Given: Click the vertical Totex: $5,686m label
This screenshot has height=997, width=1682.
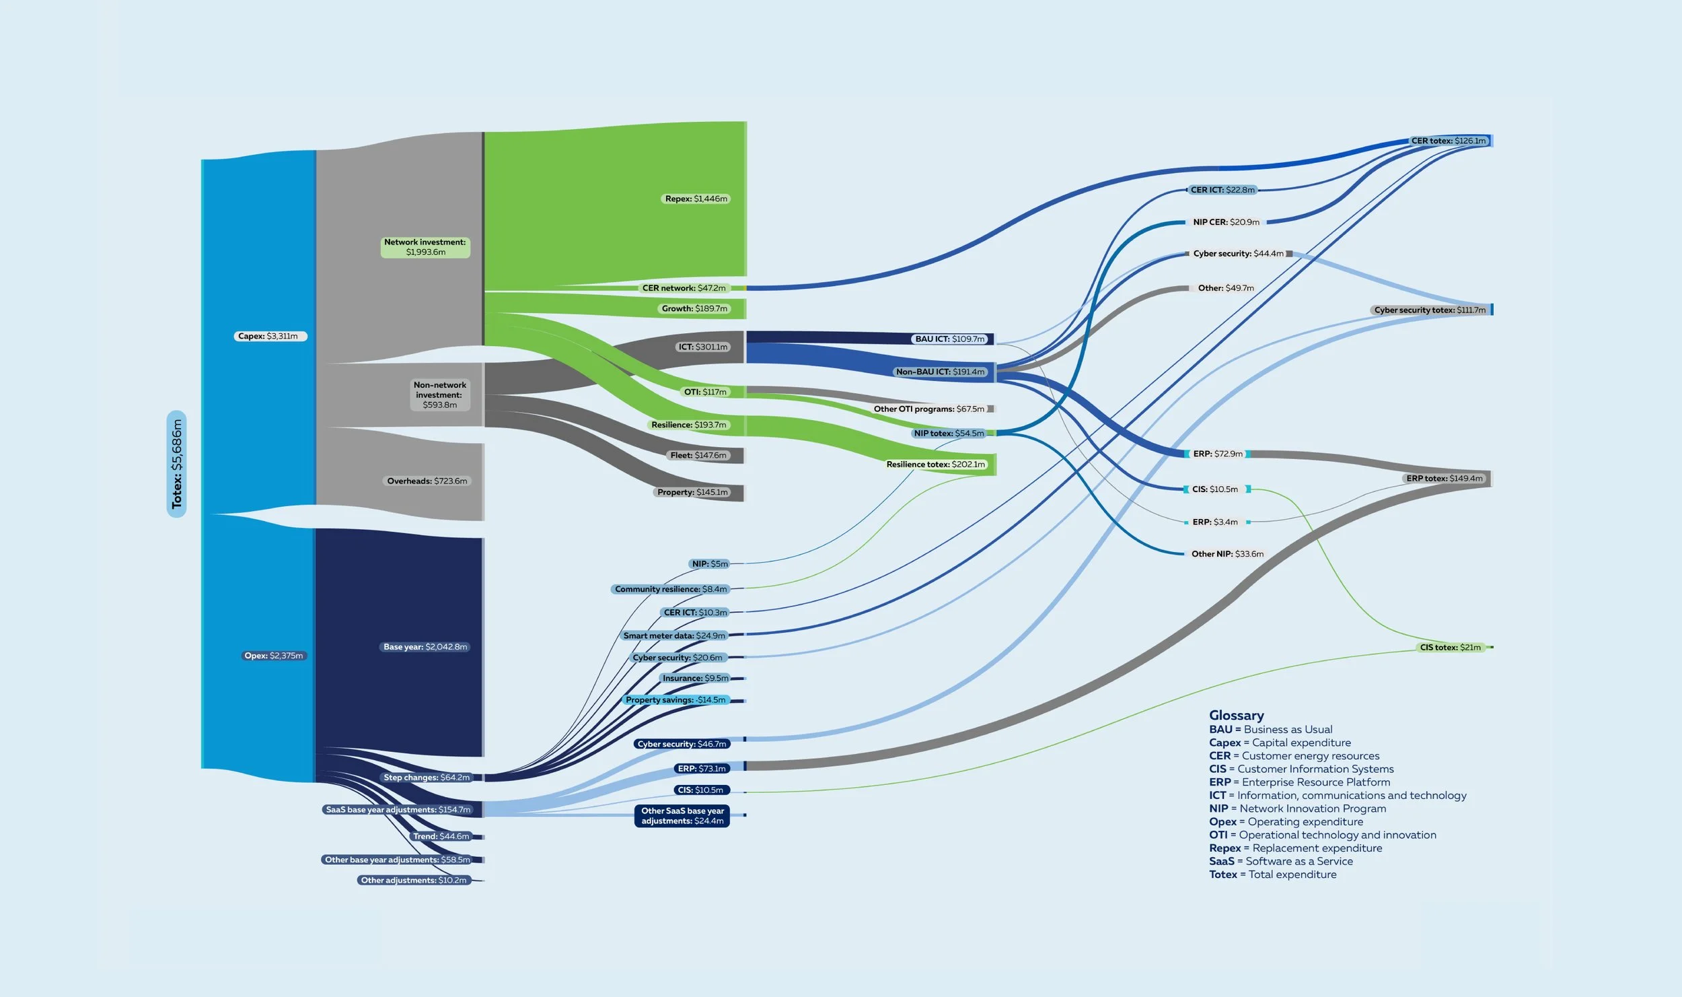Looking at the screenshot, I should point(176,464).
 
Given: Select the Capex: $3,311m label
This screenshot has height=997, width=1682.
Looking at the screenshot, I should point(270,336).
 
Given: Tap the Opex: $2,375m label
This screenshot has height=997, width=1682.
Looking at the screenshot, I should point(274,656).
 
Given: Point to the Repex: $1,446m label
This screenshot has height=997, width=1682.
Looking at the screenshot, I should point(696,199).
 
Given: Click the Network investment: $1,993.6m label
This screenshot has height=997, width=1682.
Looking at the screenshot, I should point(425,247).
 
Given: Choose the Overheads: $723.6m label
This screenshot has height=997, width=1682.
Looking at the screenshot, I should point(427,481).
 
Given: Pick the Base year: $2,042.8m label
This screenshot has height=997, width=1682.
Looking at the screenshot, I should point(425,647).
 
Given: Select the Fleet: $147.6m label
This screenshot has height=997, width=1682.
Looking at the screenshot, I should point(698,455).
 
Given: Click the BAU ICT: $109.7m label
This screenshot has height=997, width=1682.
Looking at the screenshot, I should point(949,339).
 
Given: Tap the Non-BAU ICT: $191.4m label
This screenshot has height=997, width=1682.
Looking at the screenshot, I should point(940,372).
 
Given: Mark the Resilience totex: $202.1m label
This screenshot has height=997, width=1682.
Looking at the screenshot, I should point(935,465).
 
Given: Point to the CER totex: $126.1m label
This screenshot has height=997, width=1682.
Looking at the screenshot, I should point(1448,141).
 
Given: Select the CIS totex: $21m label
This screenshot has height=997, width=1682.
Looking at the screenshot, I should point(1450,648).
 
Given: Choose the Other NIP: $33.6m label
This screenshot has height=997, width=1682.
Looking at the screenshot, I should point(1227,554).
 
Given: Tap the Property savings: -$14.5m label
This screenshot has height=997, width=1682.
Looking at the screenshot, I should point(675,700).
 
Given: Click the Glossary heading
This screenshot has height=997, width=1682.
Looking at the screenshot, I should point(1236,715).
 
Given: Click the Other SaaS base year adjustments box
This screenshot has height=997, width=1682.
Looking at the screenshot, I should point(682,816).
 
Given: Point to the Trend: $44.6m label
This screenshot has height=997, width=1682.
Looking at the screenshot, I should point(441,836).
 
